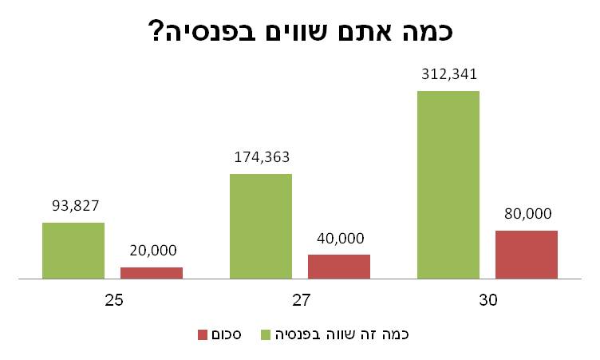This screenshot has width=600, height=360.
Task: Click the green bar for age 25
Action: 73,251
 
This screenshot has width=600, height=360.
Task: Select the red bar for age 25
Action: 152,273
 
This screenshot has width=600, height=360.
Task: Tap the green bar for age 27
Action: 261,226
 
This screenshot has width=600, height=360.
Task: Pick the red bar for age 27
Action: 339,267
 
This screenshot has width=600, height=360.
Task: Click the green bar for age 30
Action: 448,184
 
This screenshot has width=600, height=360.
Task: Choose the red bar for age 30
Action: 527,255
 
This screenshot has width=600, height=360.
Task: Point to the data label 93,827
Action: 73,206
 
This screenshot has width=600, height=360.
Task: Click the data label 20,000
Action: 152,250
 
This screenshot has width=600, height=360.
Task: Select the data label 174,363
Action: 261,157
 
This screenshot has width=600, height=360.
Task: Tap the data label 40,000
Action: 339,238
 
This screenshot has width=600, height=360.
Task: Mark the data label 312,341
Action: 448,75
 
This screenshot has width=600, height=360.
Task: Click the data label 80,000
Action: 527,214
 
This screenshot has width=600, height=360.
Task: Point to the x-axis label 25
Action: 112,302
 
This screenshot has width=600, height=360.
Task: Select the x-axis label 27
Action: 300,302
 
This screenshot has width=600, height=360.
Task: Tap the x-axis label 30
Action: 487,302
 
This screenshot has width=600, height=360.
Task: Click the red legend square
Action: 203,334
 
